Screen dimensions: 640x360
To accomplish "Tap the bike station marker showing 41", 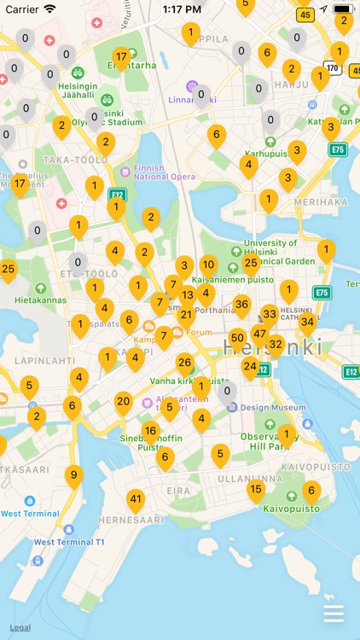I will click(x=136, y=499).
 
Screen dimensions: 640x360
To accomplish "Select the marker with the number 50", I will click(x=238, y=338).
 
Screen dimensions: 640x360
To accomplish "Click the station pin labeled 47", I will click(x=259, y=334).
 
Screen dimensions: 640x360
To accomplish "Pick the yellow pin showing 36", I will click(x=241, y=305).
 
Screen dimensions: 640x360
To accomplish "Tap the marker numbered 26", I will click(x=184, y=363).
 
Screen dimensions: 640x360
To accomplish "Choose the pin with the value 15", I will click(x=256, y=489).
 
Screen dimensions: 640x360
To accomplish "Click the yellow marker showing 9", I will click(x=74, y=475).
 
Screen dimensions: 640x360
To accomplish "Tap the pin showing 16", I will click(x=150, y=431).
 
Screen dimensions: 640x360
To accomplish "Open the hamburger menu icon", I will click(x=334, y=614).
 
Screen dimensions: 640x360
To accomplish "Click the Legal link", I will click(x=20, y=627).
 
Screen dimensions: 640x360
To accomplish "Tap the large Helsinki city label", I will click(x=273, y=348).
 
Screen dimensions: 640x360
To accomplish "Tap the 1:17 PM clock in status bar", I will click(x=181, y=9).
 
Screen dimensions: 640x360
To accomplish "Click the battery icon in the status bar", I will click(x=343, y=9).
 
